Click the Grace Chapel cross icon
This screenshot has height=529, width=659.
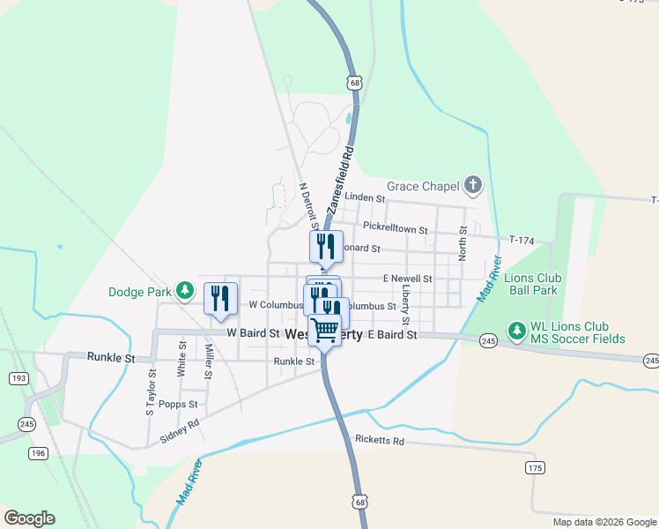pyautogui.click(x=473, y=185)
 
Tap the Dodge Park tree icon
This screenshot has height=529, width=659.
pyautogui.click(x=184, y=290)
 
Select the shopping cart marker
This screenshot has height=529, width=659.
pyautogui.click(x=325, y=331)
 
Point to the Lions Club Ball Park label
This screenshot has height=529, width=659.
pyautogui.click(x=532, y=283)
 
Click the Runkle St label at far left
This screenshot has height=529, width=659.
pyautogui.click(x=111, y=358)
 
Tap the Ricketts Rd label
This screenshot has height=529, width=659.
pyautogui.click(x=380, y=440)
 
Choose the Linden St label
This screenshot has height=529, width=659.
pyautogui.click(x=365, y=198)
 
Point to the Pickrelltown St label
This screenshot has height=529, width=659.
pyautogui.click(x=395, y=229)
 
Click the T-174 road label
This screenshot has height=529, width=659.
pyautogui.click(x=523, y=239)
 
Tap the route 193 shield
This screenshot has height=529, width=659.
pyautogui.click(x=17, y=377)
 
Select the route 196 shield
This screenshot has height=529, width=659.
pyautogui.click(x=38, y=453)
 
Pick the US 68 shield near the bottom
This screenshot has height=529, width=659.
pyautogui.click(x=359, y=502)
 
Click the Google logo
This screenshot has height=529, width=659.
pyautogui.click(x=29, y=518)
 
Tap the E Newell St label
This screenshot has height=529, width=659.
pyautogui.click(x=406, y=279)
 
